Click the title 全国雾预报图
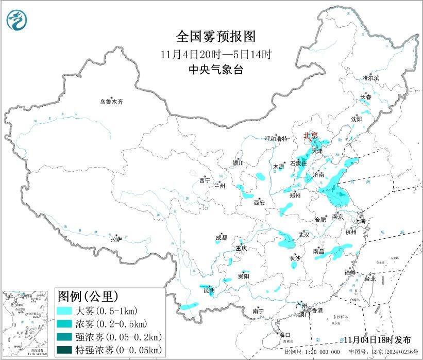[x=215, y=37]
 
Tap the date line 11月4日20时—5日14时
[x=215, y=54]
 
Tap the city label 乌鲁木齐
[x=112, y=102]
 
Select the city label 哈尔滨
[x=370, y=78]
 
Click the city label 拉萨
[x=116, y=239]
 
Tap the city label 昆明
[x=209, y=291]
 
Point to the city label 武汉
[x=304, y=235]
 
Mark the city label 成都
[x=221, y=238]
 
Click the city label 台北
[x=370, y=279]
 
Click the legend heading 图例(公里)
[x=88, y=296]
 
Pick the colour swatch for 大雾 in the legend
[x=65, y=311]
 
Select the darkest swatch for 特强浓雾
[x=65, y=350]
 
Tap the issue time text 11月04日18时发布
[x=378, y=340]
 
